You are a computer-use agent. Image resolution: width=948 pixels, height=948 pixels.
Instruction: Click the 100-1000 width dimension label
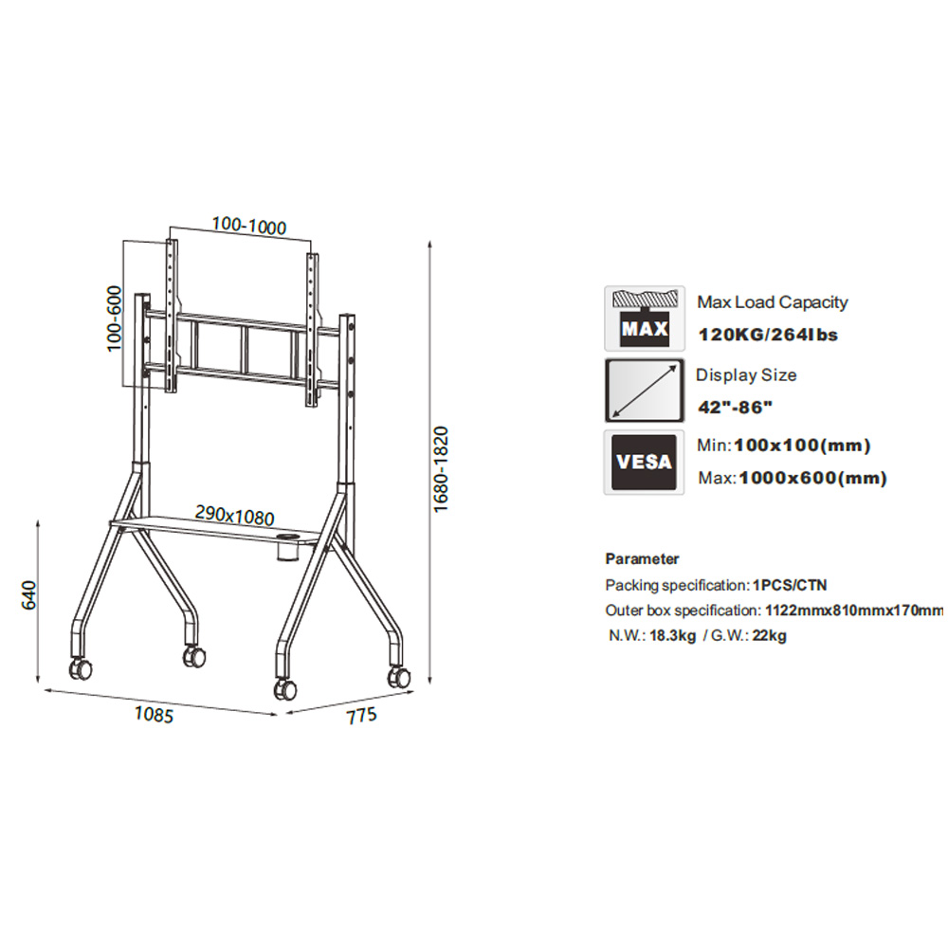[249, 227]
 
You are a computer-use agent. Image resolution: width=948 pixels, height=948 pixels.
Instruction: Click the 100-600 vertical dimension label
[114, 318]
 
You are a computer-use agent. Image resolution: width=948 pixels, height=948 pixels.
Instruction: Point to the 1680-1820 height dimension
[441, 469]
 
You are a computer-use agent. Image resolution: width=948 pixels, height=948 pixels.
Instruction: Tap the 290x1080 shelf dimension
[234, 515]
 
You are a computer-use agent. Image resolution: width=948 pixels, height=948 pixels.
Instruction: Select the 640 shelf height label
[29, 595]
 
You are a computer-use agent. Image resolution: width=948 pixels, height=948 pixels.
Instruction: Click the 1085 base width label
[154, 714]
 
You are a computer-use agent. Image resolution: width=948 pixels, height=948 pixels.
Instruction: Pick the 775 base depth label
[361, 715]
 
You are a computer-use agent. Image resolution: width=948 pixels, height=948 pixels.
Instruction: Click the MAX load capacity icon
[645, 319]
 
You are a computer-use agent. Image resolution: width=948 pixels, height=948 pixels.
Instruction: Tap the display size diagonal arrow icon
[645, 390]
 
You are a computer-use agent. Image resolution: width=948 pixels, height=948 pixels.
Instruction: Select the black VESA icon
[644, 462]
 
